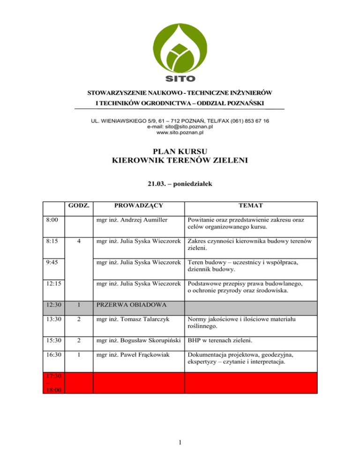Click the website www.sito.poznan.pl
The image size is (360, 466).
pos(180,133)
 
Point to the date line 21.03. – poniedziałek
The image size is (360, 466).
pos(180,185)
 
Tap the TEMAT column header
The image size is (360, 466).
pos(251,206)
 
